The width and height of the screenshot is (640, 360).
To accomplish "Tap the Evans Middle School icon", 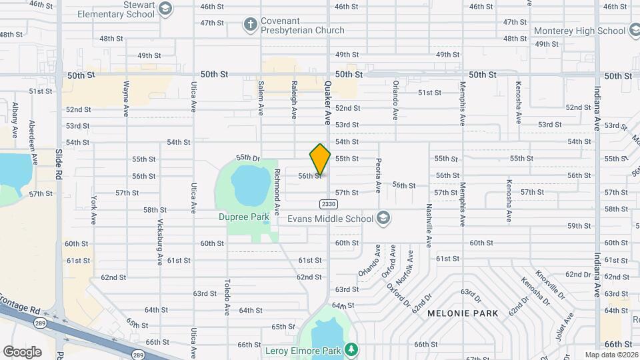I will [x=383, y=218].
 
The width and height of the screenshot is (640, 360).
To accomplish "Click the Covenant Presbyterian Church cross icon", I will [x=251, y=25].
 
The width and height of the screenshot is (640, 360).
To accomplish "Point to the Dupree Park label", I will [x=243, y=217].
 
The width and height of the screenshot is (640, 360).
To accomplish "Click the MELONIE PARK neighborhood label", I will [x=463, y=313].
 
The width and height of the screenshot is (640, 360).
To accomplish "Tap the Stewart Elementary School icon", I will [x=165, y=9].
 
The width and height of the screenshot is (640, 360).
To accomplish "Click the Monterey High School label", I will [x=579, y=31].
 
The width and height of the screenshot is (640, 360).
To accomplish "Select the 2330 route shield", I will [x=328, y=204].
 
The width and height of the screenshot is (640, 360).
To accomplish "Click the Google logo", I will [x=22, y=351].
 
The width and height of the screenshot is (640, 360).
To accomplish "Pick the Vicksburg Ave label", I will [x=160, y=241].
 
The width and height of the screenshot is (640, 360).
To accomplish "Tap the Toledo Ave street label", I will [x=227, y=297].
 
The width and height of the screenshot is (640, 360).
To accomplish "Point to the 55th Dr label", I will [x=247, y=158].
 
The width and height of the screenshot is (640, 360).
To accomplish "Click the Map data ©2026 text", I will [x=611, y=355].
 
